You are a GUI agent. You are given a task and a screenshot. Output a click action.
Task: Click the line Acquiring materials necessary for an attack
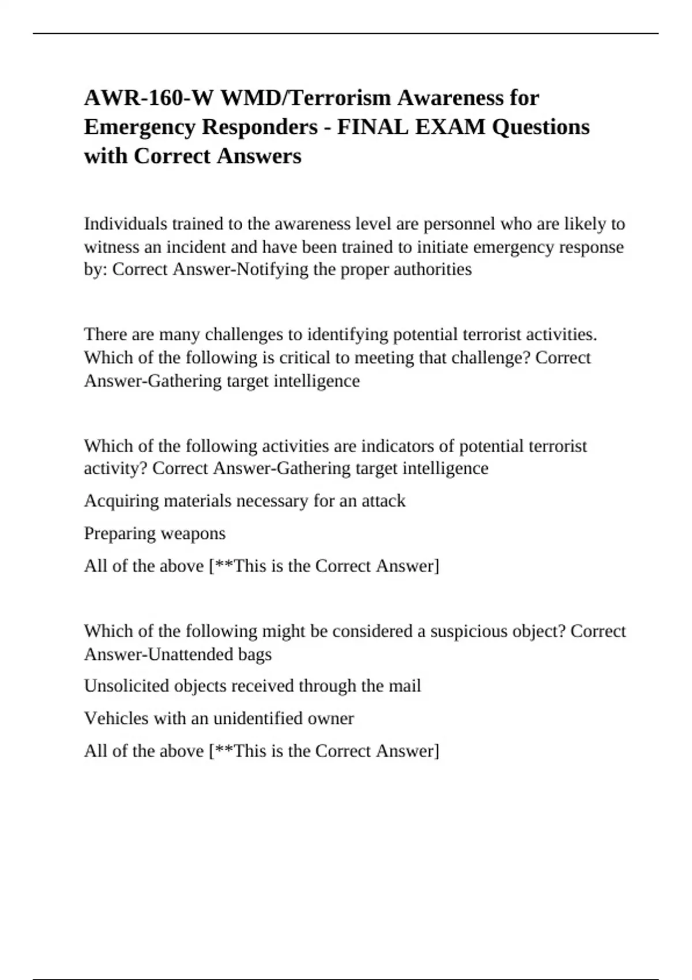tap(245, 500)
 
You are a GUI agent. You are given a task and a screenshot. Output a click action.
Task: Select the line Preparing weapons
tap(155, 533)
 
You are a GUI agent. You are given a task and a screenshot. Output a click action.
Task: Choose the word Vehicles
tap(117, 718)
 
